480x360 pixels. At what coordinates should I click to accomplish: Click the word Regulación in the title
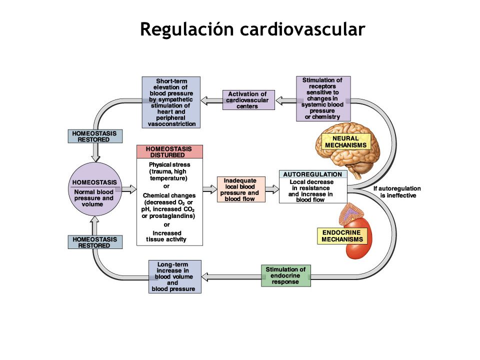(187, 29)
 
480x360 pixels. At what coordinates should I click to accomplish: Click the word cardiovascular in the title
(302, 29)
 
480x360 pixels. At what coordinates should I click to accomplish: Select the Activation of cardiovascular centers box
(248, 100)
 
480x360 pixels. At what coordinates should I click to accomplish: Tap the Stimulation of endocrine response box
(286, 275)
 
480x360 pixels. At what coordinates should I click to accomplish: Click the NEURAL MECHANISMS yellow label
(346, 141)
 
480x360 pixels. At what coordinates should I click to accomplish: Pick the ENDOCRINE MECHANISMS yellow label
(342, 235)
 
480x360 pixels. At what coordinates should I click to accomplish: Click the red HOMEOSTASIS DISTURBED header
(169, 152)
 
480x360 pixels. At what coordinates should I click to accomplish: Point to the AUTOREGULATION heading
(312, 174)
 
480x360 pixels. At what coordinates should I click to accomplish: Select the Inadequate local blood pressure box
(241, 189)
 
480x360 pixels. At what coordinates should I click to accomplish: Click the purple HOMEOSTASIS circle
(95, 189)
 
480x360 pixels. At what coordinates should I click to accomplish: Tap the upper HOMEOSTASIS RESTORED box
(95, 136)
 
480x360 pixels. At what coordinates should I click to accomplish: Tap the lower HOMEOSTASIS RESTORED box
(95, 242)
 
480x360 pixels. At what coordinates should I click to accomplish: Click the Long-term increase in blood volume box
(175, 276)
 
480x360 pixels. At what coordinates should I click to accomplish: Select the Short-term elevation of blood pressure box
(171, 102)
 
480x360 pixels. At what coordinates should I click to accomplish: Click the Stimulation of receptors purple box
(323, 98)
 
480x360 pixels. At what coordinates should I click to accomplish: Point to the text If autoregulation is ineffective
(397, 192)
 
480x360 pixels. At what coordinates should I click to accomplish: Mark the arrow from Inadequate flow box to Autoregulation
(272, 189)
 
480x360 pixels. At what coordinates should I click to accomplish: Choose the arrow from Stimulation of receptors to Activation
(286, 100)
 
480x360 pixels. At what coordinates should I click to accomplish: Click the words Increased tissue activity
(166, 236)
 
